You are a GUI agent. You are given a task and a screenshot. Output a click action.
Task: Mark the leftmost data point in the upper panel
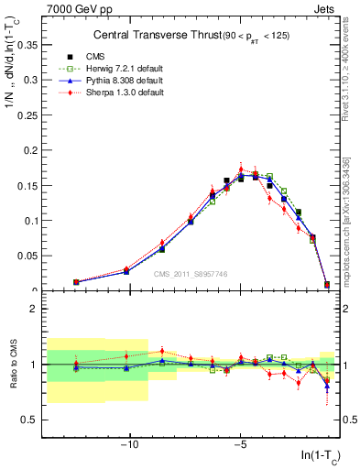76,282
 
